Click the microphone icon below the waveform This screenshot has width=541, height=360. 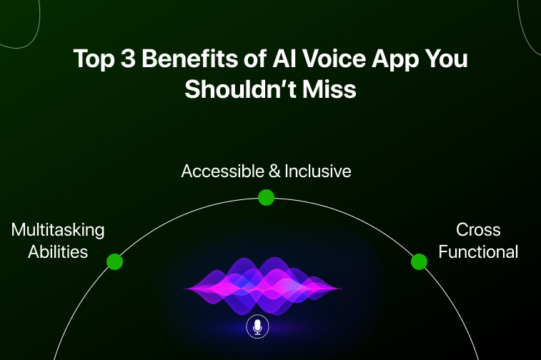pyautogui.click(x=257, y=326)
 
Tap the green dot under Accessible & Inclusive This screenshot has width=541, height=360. pyautogui.click(x=266, y=198)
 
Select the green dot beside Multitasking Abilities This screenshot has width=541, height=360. pyautogui.click(x=114, y=261)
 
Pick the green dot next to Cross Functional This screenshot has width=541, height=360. pyautogui.click(x=419, y=261)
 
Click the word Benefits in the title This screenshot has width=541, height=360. pyautogui.click(x=190, y=59)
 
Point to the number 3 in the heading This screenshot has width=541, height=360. pyautogui.click(x=128, y=59)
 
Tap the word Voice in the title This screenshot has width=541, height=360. pyautogui.click(x=334, y=59)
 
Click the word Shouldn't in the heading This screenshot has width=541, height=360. pyautogui.click(x=240, y=89)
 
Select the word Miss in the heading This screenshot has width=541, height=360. pyautogui.click(x=329, y=89)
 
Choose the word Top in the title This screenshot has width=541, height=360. pyautogui.click(x=94, y=59)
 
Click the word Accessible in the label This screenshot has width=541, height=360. pyautogui.click(x=222, y=171)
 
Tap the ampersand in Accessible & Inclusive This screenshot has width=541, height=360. pyautogui.click(x=274, y=171)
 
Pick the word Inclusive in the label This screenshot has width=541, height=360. pyautogui.click(x=318, y=171)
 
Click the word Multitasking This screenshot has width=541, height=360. pyautogui.click(x=58, y=230)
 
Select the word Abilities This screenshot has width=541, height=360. pyautogui.click(x=58, y=251)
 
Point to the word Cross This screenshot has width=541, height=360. pyautogui.click(x=478, y=230)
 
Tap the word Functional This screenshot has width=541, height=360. pyautogui.click(x=478, y=251)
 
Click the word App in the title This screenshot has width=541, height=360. pyautogui.click(x=394, y=59)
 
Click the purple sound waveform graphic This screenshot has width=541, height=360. pyautogui.click(x=262, y=286)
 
